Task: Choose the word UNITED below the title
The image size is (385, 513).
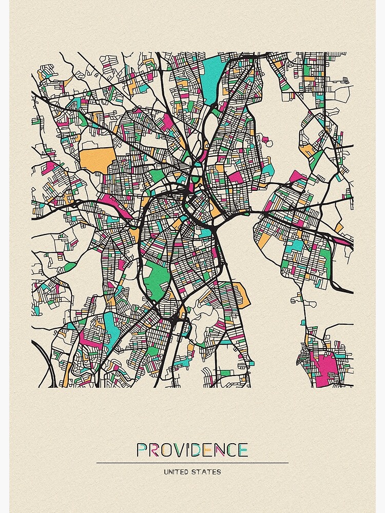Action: pyautogui.click(x=176, y=471)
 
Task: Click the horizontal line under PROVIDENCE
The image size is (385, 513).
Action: pyautogui.click(x=192, y=463)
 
